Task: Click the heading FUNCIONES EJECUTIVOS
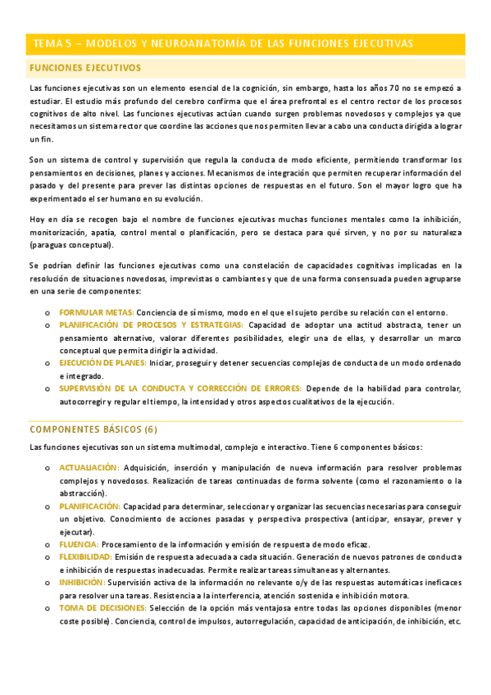point(84,68)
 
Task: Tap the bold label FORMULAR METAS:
point(97,312)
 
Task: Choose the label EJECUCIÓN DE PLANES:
point(102,362)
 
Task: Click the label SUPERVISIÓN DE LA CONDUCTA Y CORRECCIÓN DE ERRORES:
point(180,388)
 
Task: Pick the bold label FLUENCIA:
point(79,545)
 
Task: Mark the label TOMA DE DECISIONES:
point(102,608)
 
